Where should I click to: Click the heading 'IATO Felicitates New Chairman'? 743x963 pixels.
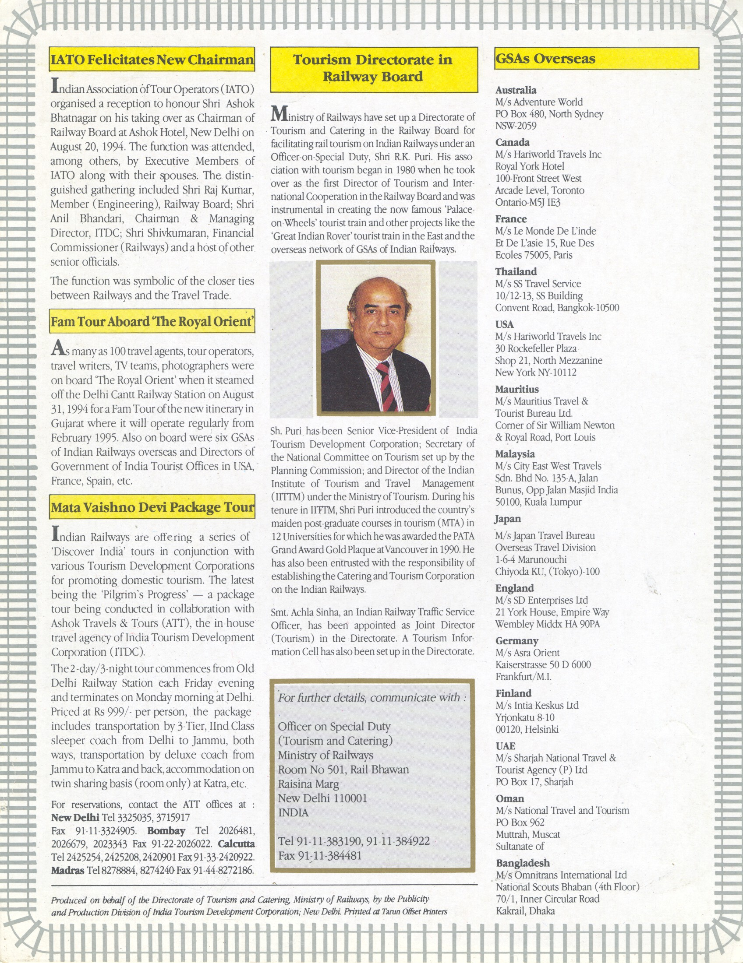point(152,60)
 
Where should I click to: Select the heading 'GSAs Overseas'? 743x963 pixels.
point(545,59)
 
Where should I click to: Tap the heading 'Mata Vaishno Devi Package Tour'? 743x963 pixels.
point(152,507)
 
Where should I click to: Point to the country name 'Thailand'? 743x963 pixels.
point(516,272)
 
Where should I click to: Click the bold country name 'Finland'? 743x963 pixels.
point(513,693)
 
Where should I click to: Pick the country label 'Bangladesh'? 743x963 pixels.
point(523,863)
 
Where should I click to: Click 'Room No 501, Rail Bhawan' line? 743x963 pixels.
point(343,770)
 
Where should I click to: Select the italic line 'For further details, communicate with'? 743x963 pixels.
point(372,698)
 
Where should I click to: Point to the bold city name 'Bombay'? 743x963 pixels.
point(166,831)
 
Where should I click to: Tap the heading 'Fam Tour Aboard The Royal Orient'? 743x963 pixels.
point(152,321)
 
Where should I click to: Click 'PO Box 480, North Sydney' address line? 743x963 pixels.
point(549,114)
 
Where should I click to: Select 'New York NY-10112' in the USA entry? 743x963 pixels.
point(536,372)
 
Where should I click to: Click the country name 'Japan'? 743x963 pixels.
point(507,519)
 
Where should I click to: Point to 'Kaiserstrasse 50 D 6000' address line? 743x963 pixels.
point(543,664)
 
